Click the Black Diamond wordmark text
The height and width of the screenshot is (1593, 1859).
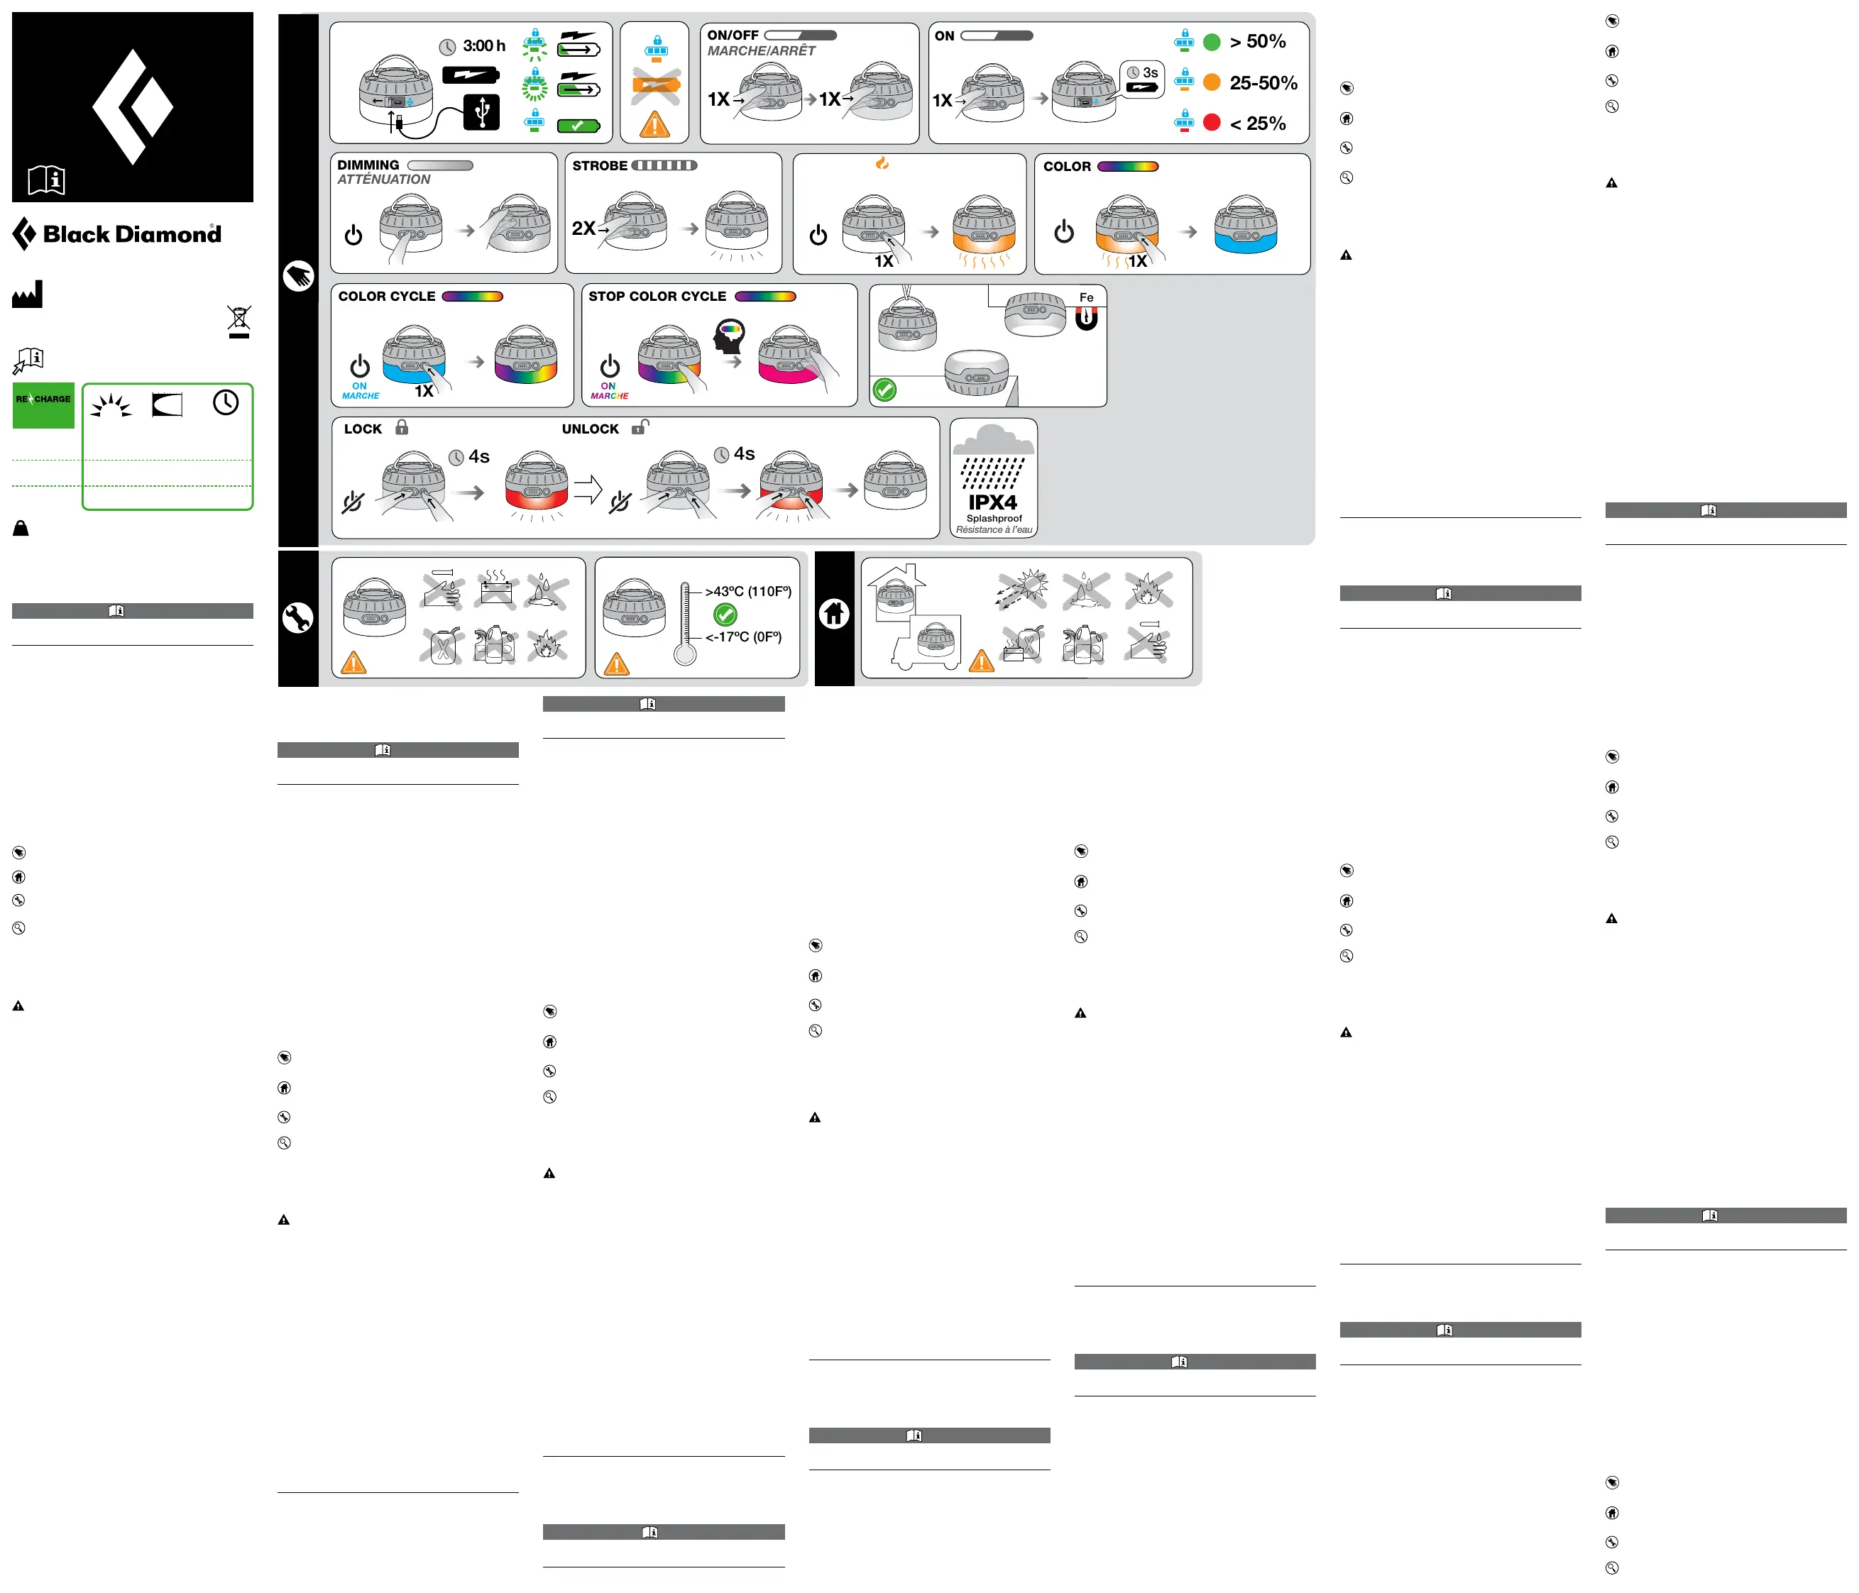click(132, 234)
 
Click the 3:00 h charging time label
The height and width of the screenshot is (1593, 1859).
click(483, 45)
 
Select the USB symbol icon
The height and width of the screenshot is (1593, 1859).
click(482, 112)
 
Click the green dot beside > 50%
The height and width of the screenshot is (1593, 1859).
click(1211, 42)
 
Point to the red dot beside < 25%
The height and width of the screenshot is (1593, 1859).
click(1211, 123)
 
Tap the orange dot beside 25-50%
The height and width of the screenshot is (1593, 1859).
click(1211, 82)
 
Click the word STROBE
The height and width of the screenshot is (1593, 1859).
click(599, 166)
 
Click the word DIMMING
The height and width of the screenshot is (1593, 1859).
click(368, 165)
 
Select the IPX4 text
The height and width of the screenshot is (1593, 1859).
click(992, 502)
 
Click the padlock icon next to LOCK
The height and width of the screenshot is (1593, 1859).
click(402, 428)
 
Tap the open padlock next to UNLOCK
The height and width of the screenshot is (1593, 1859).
click(640, 427)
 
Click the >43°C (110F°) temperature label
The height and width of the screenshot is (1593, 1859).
click(748, 591)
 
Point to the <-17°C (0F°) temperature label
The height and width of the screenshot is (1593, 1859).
click(743, 636)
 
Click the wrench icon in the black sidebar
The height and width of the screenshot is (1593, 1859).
click(298, 618)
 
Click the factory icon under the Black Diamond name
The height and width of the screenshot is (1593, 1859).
click(27, 294)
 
